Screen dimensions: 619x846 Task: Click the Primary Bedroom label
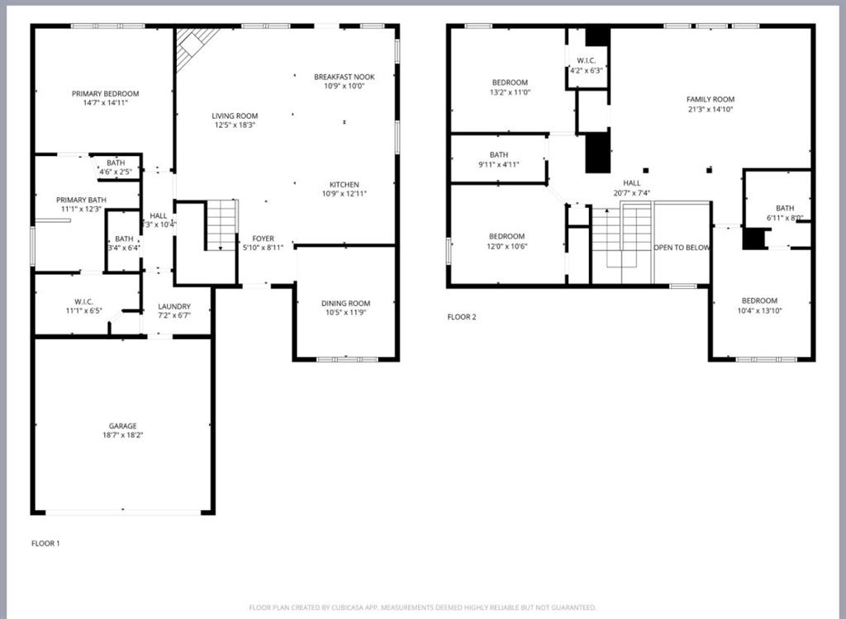pyautogui.click(x=105, y=93)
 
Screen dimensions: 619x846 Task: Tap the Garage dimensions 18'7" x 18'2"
pyautogui.click(x=122, y=435)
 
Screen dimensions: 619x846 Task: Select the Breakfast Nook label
pyautogui.click(x=344, y=77)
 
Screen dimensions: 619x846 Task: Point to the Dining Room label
pyautogui.click(x=345, y=304)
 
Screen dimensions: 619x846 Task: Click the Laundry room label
pyautogui.click(x=173, y=306)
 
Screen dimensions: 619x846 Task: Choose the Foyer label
pyautogui.click(x=263, y=238)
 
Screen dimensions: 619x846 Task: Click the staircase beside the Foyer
pyautogui.click(x=221, y=224)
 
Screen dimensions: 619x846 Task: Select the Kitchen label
pyautogui.click(x=344, y=184)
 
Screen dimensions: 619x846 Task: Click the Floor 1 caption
pyautogui.click(x=45, y=543)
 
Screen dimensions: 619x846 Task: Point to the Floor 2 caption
pyautogui.click(x=462, y=317)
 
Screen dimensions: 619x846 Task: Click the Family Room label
pyautogui.click(x=710, y=99)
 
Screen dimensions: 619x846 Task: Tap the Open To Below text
pyautogui.click(x=681, y=248)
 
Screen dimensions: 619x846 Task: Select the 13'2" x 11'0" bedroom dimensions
pyautogui.click(x=510, y=92)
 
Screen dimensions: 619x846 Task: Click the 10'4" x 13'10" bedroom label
pyautogui.click(x=758, y=300)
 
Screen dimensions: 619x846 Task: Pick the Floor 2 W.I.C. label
pyautogui.click(x=587, y=61)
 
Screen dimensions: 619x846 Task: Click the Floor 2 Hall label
pyautogui.click(x=631, y=183)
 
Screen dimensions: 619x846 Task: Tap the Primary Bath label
pyautogui.click(x=81, y=200)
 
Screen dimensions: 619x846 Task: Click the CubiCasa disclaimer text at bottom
pyautogui.click(x=422, y=607)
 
